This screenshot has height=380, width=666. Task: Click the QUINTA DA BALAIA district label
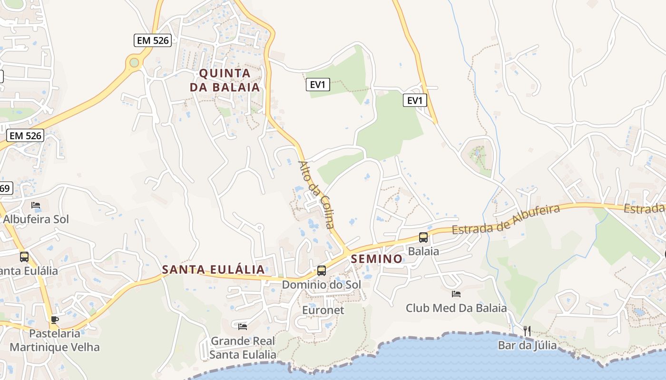(225, 80)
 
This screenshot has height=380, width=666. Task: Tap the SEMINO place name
(377, 259)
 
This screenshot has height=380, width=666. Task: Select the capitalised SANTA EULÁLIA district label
(213, 270)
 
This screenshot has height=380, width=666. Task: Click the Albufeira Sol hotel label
(36, 219)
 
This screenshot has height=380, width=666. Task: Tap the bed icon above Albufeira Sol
(36, 205)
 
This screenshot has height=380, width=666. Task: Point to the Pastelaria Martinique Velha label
(55, 340)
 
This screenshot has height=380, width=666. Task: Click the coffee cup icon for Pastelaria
(55, 320)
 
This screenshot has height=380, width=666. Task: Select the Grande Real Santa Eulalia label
(243, 348)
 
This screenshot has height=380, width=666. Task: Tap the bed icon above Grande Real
(243, 326)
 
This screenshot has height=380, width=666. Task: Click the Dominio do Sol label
(322, 285)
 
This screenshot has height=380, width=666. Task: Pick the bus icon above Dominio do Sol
(322, 271)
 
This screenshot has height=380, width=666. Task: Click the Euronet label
(323, 310)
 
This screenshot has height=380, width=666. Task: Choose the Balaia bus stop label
(423, 251)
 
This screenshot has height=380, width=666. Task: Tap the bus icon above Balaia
(423, 237)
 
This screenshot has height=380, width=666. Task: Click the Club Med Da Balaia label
(456, 308)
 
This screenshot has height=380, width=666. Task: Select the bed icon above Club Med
(456, 294)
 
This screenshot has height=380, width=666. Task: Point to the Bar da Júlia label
(527, 345)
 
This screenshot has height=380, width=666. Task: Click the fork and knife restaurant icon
(527, 331)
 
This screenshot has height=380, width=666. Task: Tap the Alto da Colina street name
(317, 195)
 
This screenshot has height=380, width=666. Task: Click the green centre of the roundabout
(134, 62)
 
